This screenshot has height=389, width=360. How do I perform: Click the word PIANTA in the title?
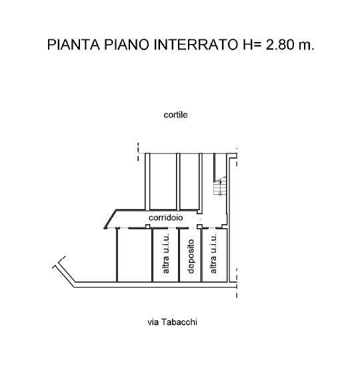click(73, 45)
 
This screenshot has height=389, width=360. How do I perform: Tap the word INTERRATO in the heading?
click(196, 45)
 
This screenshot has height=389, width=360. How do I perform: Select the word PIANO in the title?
click(127, 45)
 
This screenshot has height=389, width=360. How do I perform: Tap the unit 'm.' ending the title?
click(307, 46)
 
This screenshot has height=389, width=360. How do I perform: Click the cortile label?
click(175, 115)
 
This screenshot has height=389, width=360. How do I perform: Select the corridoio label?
click(165, 218)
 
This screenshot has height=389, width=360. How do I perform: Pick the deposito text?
click(191, 256)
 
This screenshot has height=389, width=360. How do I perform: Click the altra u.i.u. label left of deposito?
click(166, 254)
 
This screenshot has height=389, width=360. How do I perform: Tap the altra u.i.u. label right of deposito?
click(213, 254)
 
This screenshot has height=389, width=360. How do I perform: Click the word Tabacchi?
click(179, 322)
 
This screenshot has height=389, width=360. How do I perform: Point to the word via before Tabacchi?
click(153, 322)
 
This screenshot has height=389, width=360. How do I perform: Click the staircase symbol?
click(220, 187)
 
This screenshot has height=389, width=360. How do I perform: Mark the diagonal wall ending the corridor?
click(110, 219)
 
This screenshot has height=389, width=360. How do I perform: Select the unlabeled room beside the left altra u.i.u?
click(135, 255)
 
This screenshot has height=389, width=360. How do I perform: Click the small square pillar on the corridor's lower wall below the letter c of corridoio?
click(147, 226)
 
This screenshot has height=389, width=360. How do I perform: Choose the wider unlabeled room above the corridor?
click(163, 181)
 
